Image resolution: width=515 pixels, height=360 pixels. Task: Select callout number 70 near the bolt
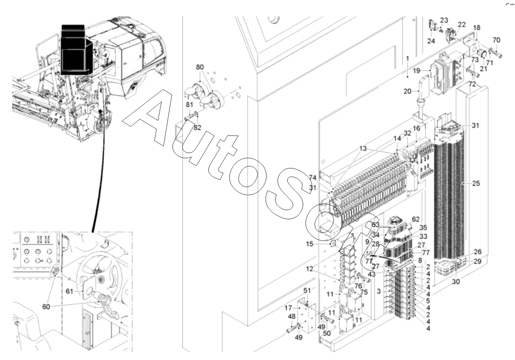click(496, 40)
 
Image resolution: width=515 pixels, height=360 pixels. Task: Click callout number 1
click(407, 57)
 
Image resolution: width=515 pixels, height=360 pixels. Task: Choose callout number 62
click(416, 219)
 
